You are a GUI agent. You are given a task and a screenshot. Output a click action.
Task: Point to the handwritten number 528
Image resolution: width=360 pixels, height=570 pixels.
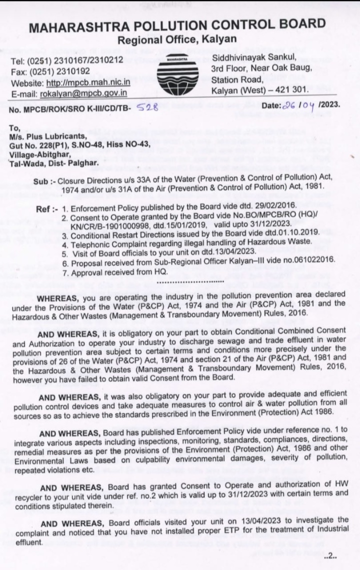[148, 106]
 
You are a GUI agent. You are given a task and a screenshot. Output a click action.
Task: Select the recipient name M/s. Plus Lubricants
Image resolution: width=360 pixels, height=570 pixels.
[48, 135]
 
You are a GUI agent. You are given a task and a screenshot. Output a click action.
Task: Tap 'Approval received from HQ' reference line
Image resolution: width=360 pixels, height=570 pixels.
[115, 273]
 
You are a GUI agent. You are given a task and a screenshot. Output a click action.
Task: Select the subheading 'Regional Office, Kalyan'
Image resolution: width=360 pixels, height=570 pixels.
[177, 40]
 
